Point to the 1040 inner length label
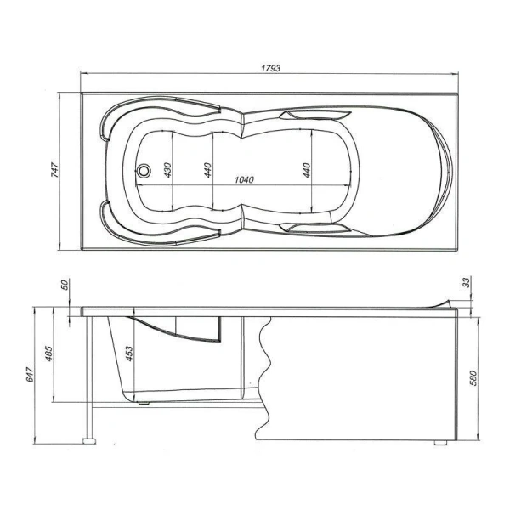click(x=243, y=180)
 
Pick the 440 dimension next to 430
click(x=206, y=169)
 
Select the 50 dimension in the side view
click(x=64, y=286)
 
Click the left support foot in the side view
click(x=88, y=442)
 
